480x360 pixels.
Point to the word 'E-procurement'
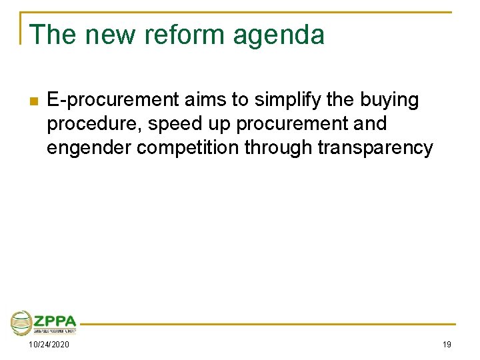[113, 101]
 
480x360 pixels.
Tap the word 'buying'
[389, 101]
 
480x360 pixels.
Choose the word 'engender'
[89, 148]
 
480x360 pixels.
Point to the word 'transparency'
[375, 148]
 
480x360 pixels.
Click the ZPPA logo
[44, 323]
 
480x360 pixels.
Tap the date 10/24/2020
[48, 344]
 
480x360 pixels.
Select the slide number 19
[446, 344]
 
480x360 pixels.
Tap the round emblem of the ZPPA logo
[22, 323]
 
